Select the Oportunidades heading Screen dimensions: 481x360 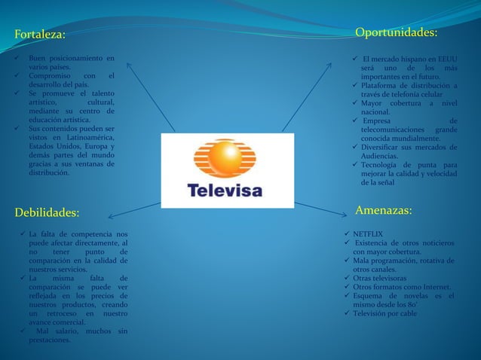[396, 32]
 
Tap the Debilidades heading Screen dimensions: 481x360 [47, 212]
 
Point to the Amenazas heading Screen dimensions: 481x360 [383, 211]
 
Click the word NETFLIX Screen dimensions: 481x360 [369, 234]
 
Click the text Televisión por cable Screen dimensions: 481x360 [384, 313]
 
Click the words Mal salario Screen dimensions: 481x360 [54, 331]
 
